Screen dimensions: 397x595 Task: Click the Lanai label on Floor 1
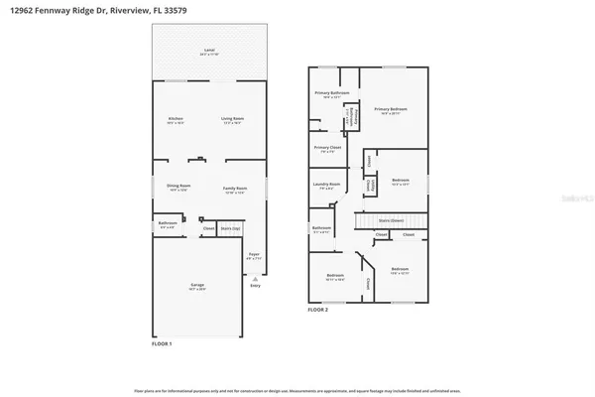208,50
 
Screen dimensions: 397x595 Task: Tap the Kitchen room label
176,121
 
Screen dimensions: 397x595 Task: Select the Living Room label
232,121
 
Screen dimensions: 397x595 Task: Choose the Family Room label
234,188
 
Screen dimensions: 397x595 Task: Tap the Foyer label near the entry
254,255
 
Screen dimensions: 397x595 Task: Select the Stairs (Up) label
230,228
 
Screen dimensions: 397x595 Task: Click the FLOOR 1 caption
162,344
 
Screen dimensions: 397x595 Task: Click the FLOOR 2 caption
316,311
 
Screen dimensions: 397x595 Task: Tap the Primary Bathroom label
327,93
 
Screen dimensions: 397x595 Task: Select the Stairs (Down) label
391,221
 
